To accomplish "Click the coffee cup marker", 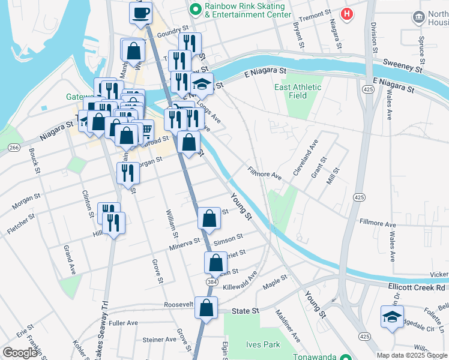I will [x=142, y=13].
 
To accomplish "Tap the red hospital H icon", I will [x=346, y=13].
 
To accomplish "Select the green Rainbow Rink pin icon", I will [x=194, y=9].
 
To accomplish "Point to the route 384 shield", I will [x=211, y=281].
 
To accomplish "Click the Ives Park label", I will [x=263, y=345].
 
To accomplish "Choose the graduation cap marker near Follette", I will [x=392, y=317].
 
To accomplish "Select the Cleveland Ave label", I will [x=305, y=158].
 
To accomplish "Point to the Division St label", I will [x=374, y=35].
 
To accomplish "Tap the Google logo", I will [x=20, y=353].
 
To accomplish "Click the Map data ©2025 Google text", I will [x=412, y=355].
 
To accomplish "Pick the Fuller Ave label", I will [x=124, y=323].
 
